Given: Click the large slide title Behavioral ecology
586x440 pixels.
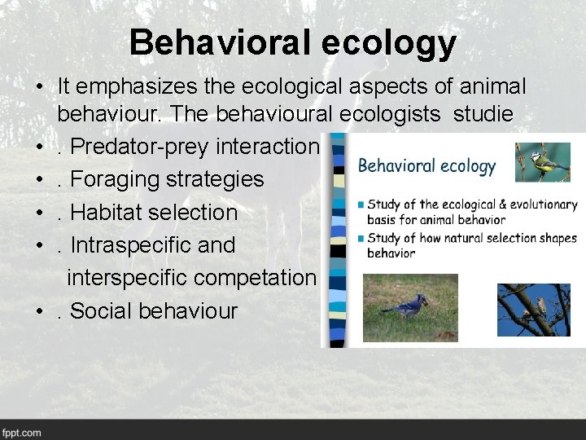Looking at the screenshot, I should pos(292,42).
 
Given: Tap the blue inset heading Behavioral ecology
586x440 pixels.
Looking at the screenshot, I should pos(426,166).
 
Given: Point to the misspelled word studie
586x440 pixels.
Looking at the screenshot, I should pos(483,114).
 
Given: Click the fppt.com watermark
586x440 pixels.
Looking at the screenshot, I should pos(22,432).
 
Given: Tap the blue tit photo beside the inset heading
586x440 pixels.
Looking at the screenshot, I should pos(543,162).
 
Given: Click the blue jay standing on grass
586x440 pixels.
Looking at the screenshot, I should pos(410,307).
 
